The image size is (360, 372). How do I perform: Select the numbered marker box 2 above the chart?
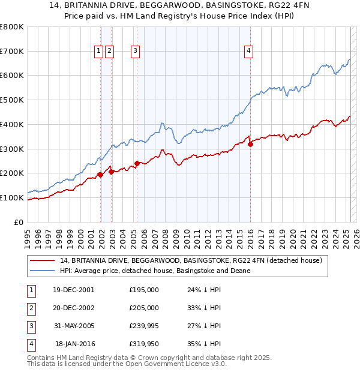coord(109,52)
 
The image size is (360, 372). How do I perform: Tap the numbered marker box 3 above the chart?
coord(136,52)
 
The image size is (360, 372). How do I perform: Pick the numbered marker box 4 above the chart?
coord(248,52)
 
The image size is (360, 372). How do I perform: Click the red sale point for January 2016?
coord(250,143)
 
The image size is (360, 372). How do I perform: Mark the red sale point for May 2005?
coord(137,163)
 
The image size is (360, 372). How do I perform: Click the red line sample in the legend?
coord(43,260)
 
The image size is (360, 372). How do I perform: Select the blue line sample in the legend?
coord(43,271)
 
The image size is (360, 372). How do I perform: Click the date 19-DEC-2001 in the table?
coord(74,290)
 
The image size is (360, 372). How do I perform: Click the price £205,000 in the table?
coord(144,308)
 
